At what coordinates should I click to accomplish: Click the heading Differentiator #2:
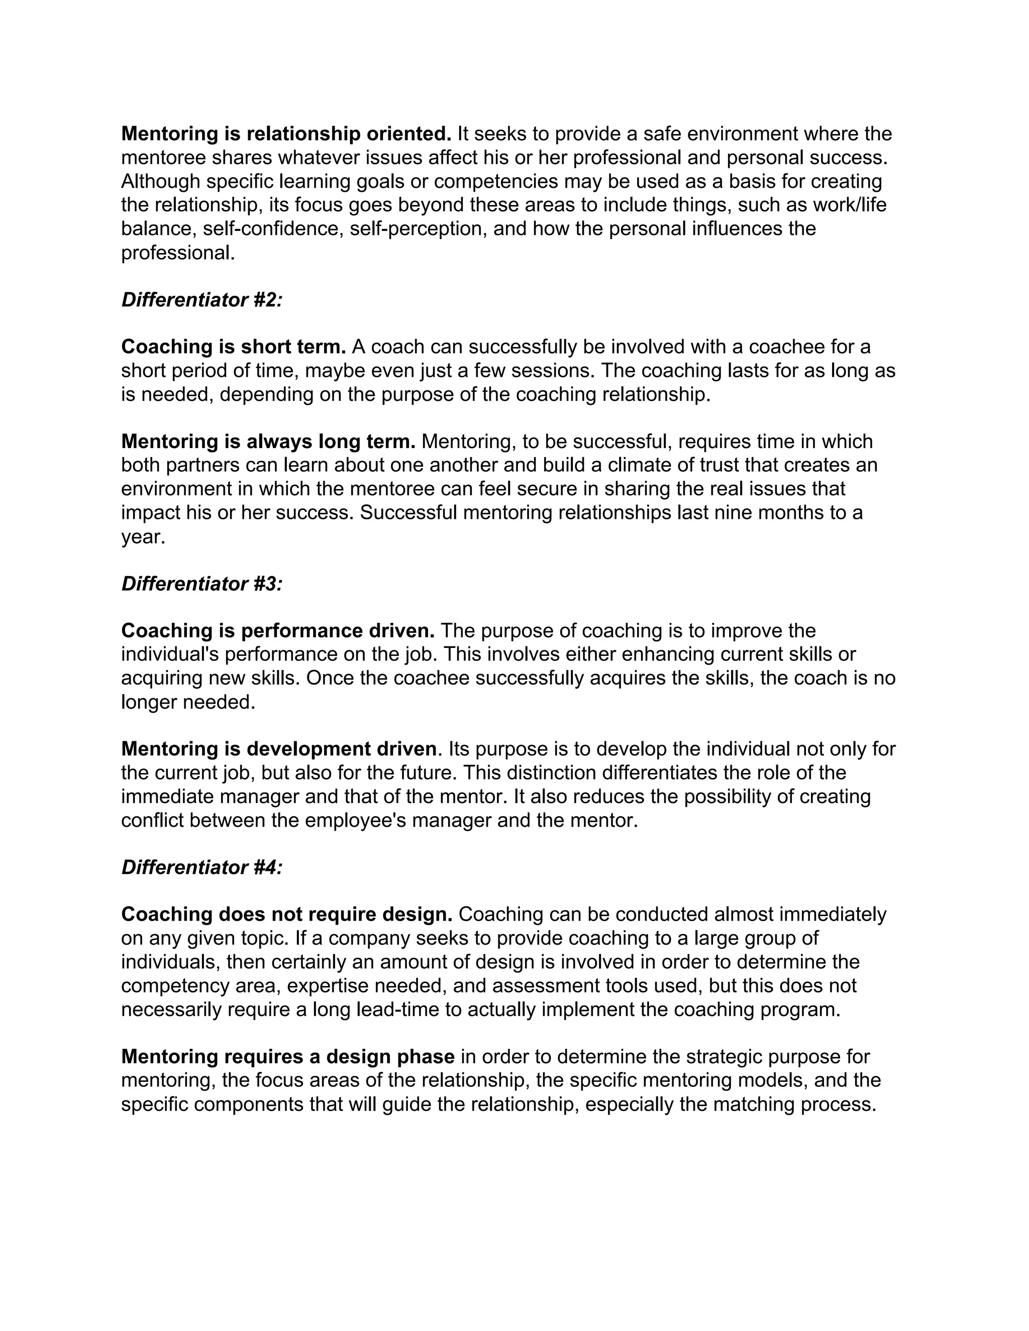pos(202,300)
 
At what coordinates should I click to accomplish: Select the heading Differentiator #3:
pos(202,584)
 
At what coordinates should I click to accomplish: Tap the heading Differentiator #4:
pos(202,867)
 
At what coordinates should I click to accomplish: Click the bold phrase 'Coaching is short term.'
pos(234,347)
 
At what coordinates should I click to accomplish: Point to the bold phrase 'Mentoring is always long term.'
pos(268,441)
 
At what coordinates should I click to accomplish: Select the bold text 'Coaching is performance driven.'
pos(277,631)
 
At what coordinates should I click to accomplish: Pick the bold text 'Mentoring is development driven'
pos(278,749)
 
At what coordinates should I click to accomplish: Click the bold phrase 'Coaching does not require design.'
pos(286,914)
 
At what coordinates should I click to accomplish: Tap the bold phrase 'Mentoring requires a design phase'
pos(288,1057)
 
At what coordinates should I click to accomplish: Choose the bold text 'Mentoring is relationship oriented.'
pos(286,134)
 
